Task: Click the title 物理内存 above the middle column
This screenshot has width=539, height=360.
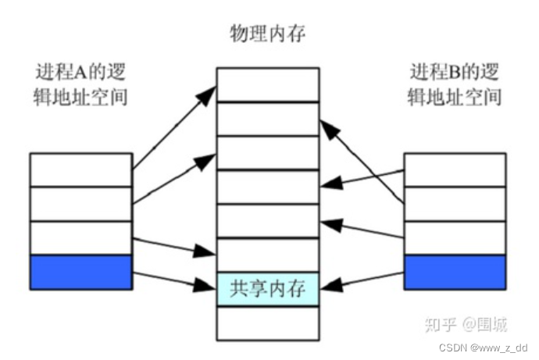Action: click(x=266, y=34)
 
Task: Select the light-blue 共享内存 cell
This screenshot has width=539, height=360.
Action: click(x=268, y=289)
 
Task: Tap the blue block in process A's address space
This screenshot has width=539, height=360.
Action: click(x=80, y=272)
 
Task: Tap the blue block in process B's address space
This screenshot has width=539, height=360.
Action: click(x=454, y=272)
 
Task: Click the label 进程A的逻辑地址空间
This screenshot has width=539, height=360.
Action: click(x=80, y=85)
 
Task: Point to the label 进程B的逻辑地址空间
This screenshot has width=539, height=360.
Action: click(x=454, y=85)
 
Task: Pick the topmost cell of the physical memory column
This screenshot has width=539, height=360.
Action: click(x=268, y=84)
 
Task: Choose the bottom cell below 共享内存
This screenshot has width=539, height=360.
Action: click(x=268, y=323)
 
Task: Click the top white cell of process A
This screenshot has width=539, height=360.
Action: click(x=80, y=169)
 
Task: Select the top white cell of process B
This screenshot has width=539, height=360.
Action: click(x=454, y=169)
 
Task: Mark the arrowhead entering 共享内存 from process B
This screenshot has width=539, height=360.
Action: click(x=330, y=287)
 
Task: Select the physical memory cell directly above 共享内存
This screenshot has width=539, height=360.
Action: click(x=268, y=255)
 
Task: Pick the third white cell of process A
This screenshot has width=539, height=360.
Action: click(x=80, y=237)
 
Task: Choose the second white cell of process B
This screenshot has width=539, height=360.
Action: click(x=454, y=204)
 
